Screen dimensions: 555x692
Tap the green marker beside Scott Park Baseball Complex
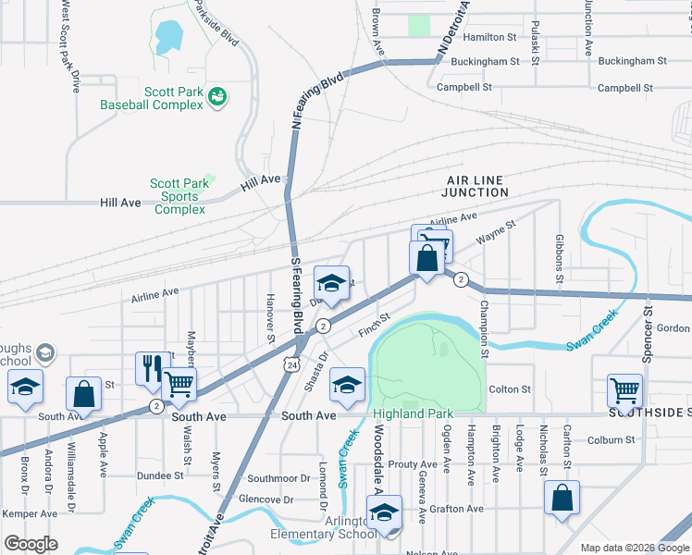218,96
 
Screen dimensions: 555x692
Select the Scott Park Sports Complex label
180,196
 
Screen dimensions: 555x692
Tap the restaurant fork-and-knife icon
151,366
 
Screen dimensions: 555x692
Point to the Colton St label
510,390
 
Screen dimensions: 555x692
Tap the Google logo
31,544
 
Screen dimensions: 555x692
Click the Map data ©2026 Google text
633,548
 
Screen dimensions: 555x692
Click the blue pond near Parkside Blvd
168,37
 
